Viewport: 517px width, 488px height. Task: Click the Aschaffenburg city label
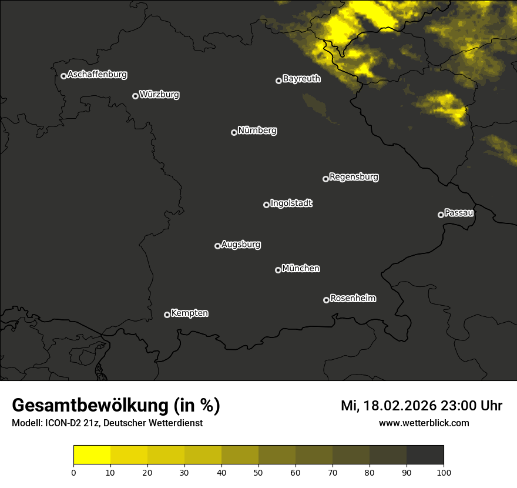coord(97,75)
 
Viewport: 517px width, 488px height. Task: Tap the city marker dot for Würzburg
coord(135,96)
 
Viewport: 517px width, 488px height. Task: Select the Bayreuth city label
coord(301,79)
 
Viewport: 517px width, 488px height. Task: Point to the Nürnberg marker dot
coord(234,132)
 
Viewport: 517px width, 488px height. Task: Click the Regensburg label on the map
coord(354,176)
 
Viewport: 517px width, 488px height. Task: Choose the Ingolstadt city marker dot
coord(266,205)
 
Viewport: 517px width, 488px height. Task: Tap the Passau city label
coord(459,213)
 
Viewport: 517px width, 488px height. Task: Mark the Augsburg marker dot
coord(217,246)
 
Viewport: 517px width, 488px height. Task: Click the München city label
coord(301,269)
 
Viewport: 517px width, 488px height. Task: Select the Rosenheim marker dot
coord(326,300)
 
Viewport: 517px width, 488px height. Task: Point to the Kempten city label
coord(189,313)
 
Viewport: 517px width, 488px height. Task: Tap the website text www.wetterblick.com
coord(424,423)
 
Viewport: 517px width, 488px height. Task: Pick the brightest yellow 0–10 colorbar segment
coord(92,455)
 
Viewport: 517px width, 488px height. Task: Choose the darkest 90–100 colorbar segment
coord(425,455)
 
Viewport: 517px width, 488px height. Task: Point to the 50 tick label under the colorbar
coord(258,472)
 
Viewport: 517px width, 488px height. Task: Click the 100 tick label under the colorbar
coord(444,472)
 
